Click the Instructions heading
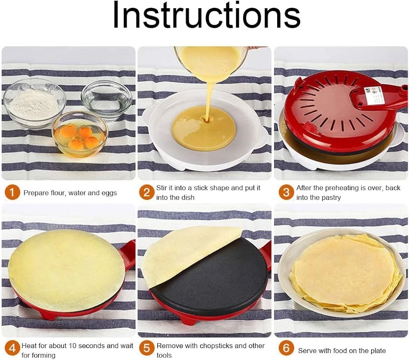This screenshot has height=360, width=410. [207, 15]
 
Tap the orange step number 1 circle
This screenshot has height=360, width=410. [12, 193]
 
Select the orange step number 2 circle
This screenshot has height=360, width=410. [147, 193]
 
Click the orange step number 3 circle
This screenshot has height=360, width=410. [286, 193]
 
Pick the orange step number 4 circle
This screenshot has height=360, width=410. [12, 349]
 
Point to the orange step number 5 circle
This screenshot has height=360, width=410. [147, 349]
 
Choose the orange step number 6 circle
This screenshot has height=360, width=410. [286, 349]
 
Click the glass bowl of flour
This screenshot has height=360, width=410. [34, 103]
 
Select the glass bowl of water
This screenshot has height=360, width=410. [107, 100]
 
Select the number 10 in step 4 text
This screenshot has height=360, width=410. [73, 346]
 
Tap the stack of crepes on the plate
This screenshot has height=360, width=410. [346, 272]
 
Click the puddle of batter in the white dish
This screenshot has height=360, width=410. [204, 128]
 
